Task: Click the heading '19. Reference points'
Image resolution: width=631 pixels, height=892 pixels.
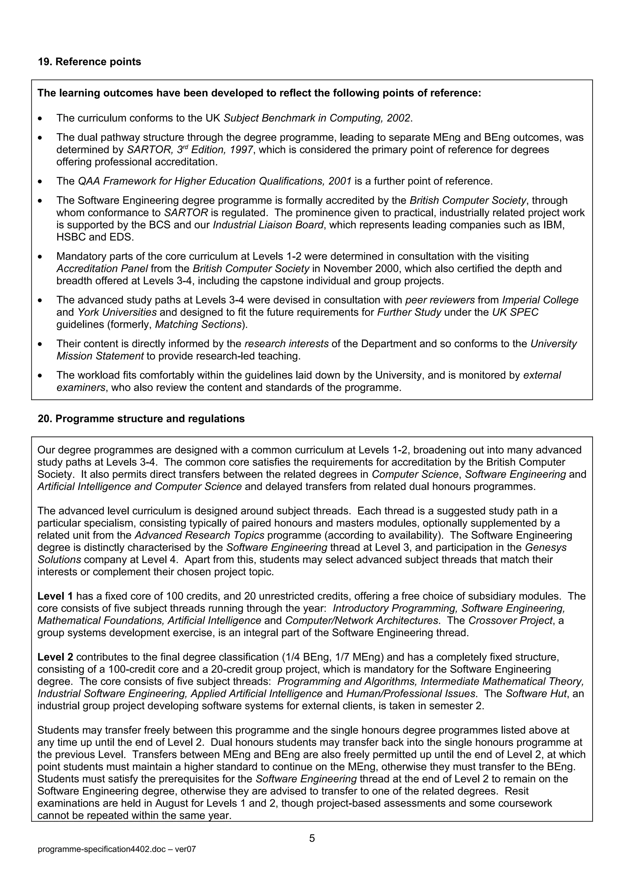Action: click(89, 62)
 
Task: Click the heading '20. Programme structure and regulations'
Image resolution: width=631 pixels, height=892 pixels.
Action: click(141, 419)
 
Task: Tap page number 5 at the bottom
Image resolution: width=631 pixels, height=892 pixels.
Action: click(312, 838)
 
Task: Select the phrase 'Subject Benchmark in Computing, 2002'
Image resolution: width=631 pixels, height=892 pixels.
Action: click(317, 118)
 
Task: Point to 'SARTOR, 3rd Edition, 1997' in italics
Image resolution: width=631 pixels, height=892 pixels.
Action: click(190, 150)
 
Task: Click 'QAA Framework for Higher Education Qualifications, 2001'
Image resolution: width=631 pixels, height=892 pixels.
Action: click(215, 181)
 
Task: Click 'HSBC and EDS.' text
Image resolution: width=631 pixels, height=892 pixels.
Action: click(95, 237)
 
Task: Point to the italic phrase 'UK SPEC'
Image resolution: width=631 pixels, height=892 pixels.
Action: click(515, 312)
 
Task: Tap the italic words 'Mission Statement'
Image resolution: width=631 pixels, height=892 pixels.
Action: click(100, 356)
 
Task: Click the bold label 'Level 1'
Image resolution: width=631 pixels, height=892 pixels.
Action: click(55, 596)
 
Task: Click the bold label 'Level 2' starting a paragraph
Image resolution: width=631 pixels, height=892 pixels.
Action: click(55, 657)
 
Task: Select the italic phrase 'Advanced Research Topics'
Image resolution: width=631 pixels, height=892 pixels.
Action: click(199, 535)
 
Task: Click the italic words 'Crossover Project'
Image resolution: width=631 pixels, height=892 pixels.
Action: click(510, 621)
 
